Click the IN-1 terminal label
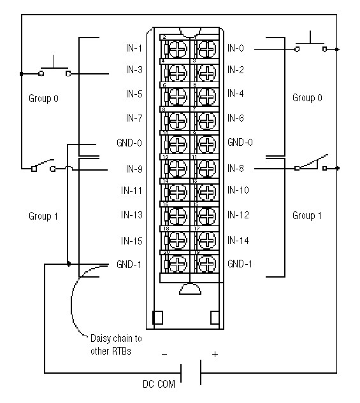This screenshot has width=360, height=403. (x=134, y=48)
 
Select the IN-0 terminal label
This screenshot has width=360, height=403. (x=235, y=48)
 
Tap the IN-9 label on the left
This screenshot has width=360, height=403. (x=134, y=169)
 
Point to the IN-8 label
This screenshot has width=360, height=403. (x=235, y=169)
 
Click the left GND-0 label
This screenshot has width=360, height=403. (x=130, y=143)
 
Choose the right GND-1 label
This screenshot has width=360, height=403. (x=240, y=264)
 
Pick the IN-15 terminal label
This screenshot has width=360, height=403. (x=132, y=241)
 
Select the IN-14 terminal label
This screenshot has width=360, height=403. (x=238, y=241)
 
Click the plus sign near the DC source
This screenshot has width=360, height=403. (x=214, y=354)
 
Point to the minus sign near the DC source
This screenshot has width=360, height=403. (x=164, y=354)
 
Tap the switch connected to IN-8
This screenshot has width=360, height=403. (x=311, y=164)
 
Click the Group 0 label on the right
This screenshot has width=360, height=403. (x=307, y=98)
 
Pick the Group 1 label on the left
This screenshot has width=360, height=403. (x=43, y=216)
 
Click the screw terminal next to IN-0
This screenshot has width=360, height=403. (x=205, y=49)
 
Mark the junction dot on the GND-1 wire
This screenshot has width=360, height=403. (x=68, y=264)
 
